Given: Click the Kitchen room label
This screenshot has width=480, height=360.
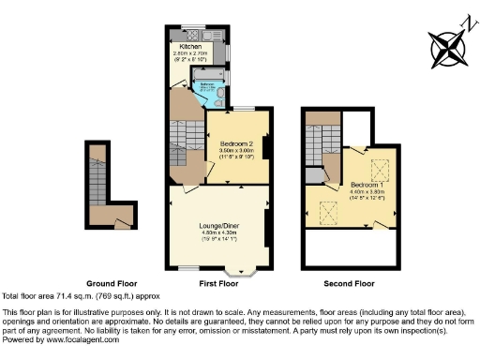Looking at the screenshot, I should coord(190,46).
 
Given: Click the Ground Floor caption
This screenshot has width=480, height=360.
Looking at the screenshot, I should coord(112,283).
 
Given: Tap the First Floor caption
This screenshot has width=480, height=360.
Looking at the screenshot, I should coord(217,283).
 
